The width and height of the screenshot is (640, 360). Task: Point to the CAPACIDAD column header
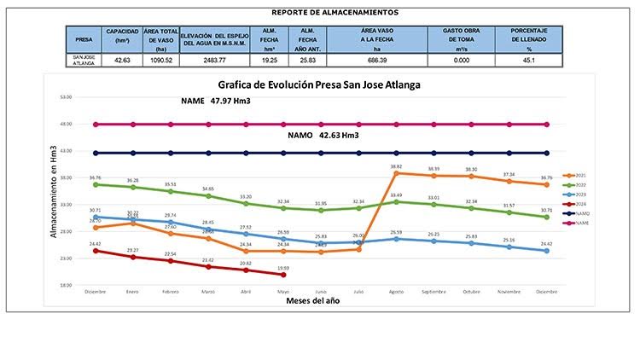click(116, 35)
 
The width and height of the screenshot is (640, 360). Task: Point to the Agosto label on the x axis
click(396, 292)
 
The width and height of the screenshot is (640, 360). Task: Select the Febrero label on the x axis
click(171, 292)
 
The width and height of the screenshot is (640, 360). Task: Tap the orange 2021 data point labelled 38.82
click(396, 173)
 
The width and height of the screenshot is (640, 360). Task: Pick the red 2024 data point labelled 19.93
click(283, 275)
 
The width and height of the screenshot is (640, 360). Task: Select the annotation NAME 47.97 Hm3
click(221, 102)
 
